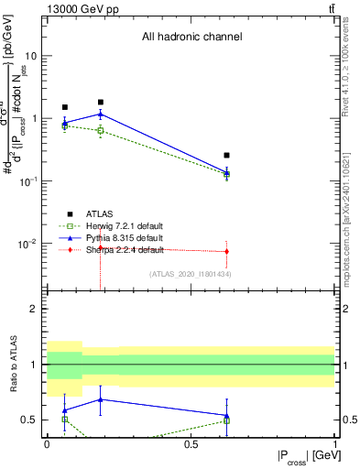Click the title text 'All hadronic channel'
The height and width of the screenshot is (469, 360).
(191, 38)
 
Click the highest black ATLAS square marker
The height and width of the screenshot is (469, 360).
(101, 103)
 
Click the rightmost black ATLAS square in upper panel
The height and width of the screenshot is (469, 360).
(226, 156)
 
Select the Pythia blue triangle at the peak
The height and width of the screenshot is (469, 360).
(101, 115)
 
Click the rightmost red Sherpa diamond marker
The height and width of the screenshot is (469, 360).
(226, 251)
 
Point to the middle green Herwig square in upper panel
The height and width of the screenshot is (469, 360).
(101, 131)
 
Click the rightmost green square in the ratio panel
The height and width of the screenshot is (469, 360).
(226, 420)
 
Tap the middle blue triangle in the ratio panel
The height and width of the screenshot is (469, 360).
(101, 399)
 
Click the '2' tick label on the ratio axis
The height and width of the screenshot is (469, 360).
(33, 309)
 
